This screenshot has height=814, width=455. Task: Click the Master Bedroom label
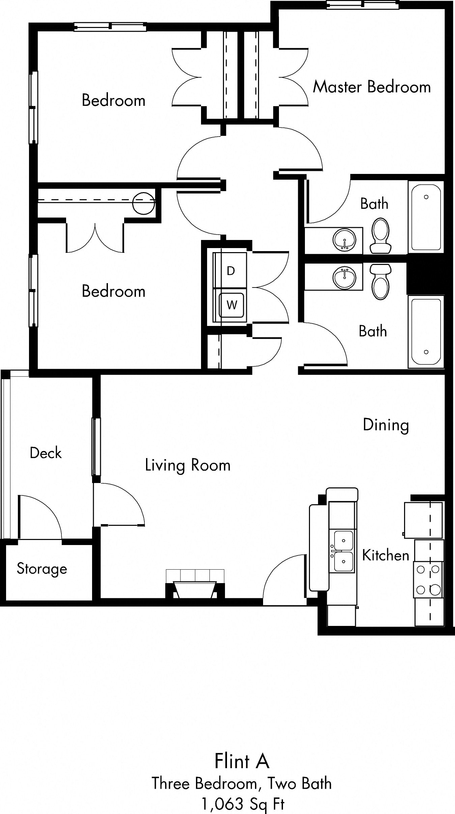[372, 87]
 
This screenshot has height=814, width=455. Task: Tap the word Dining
[386, 425]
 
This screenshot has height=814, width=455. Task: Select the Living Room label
[188, 465]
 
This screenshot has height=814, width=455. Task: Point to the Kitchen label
[385, 555]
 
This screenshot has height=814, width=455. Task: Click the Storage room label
[42, 569]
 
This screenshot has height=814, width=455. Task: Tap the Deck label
[46, 453]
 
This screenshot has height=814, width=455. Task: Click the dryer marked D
[230, 270]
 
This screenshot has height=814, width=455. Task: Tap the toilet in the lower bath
[380, 281]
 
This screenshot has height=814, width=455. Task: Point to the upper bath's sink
[344, 240]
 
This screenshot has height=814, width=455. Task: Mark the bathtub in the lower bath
[426, 332]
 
